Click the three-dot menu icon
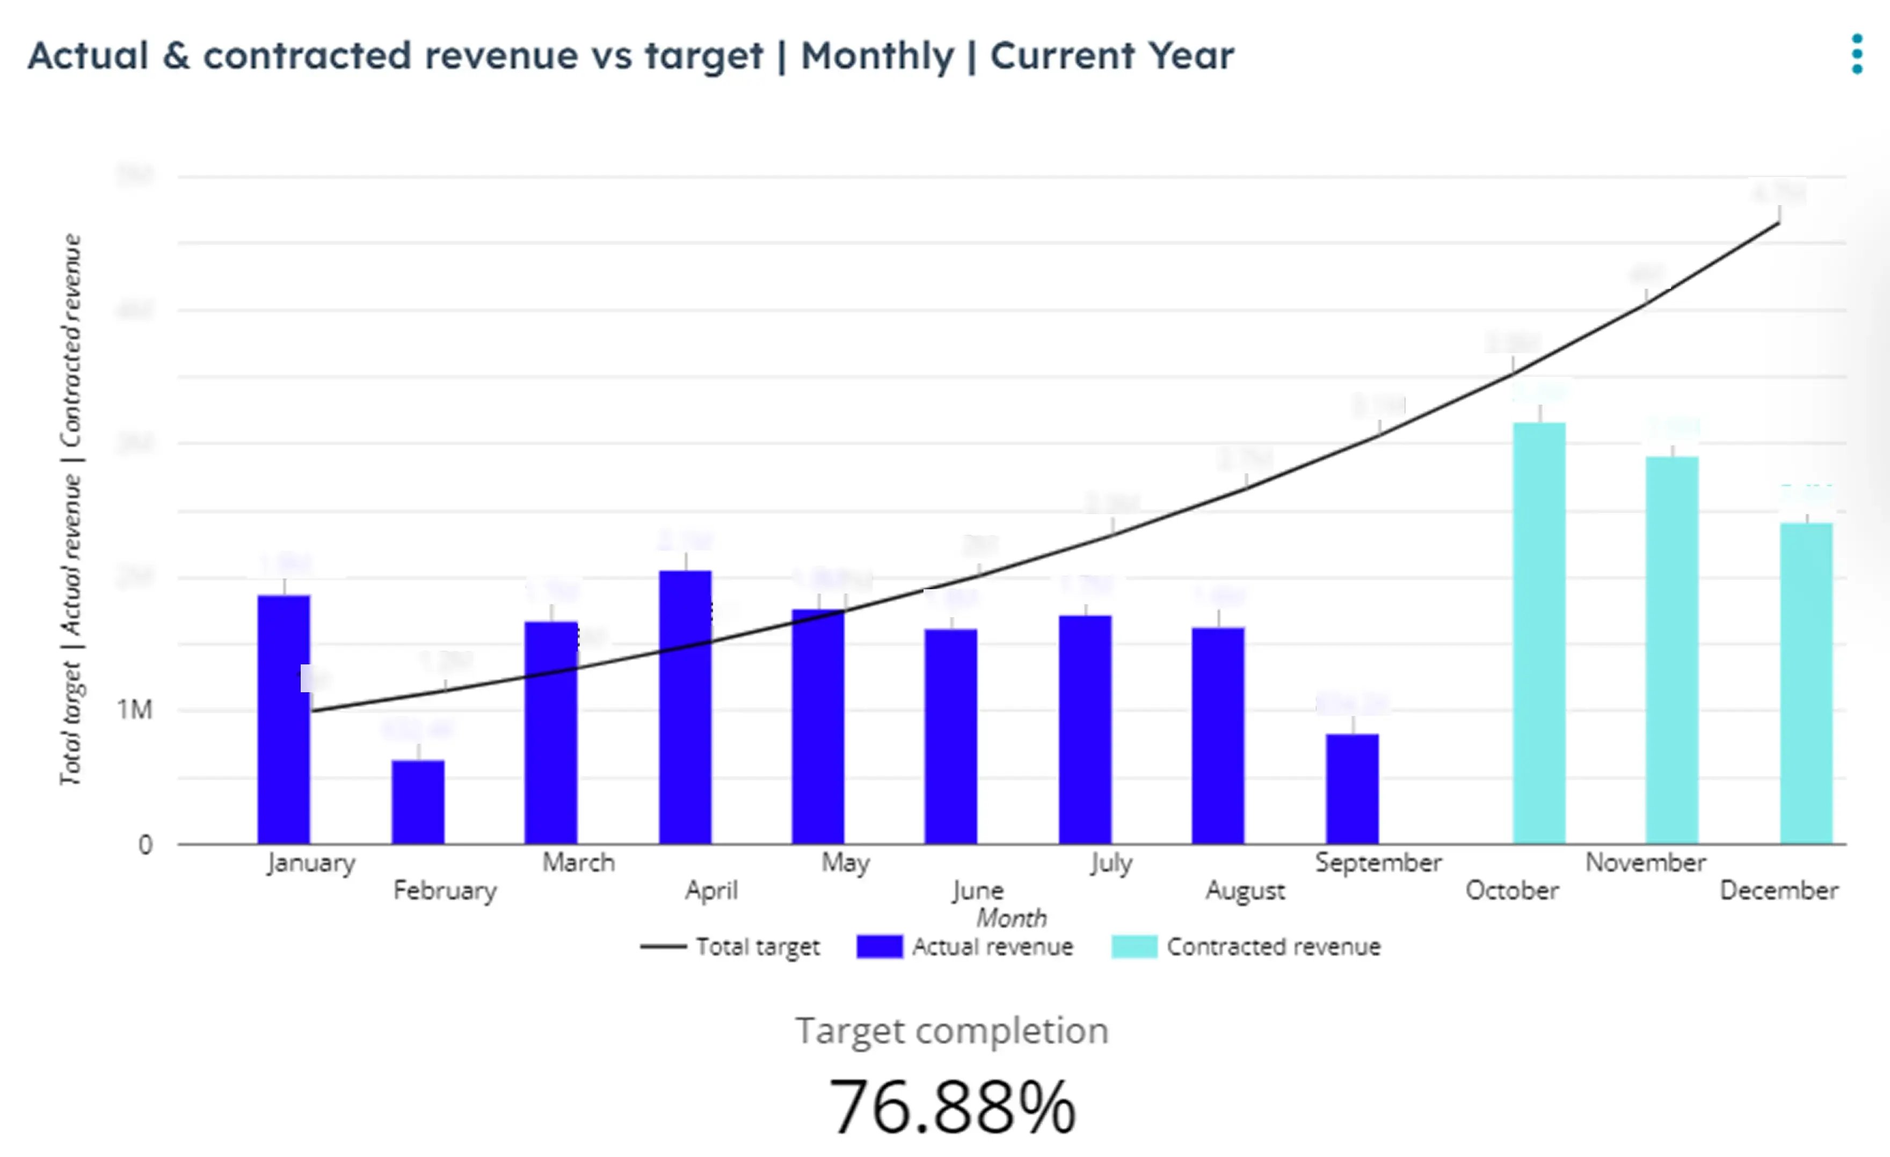click(x=1856, y=54)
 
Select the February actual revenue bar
click(x=418, y=801)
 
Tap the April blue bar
click(x=685, y=707)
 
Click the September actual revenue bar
click(x=1353, y=788)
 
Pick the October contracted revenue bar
click(x=1539, y=633)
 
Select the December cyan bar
click(x=1806, y=683)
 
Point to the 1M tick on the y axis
click(x=135, y=710)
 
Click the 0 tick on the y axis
click(x=145, y=845)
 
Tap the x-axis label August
click(x=1245, y=890)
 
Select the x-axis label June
click(x=978, y=890)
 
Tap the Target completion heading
click(x=952, y=1030)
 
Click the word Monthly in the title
click(x=877, y=56)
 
